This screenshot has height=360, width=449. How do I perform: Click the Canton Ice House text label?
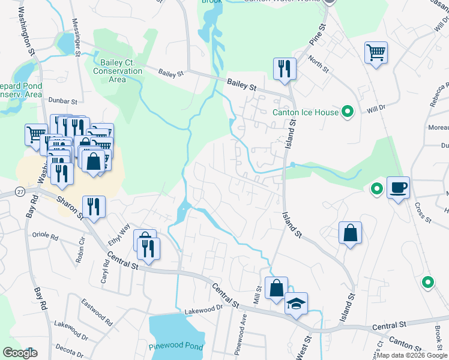305,112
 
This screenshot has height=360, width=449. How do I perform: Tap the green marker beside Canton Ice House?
347,111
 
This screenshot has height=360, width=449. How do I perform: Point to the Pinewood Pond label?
175,347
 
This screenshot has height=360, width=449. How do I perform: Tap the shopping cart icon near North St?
376,52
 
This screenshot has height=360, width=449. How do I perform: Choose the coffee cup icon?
398,187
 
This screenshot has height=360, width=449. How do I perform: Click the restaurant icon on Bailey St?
284,68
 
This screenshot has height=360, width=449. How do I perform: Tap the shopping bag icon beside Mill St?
276,288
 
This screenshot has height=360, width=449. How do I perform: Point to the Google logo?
20,353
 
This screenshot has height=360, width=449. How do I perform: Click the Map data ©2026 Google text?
411,355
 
